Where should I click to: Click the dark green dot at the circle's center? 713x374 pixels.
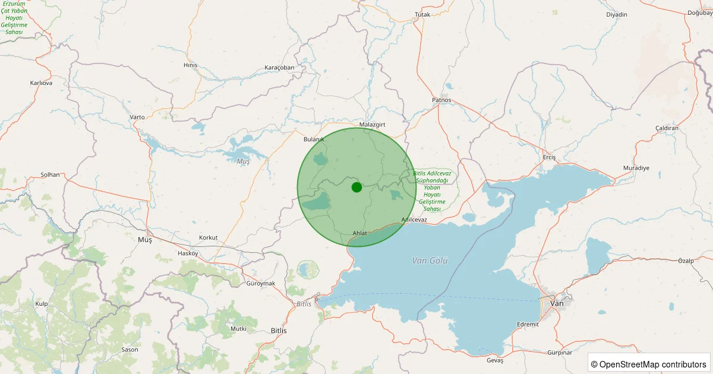coord(356,187)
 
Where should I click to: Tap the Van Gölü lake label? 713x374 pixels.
coord(430,261)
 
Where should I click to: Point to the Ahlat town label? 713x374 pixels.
coord(360,233)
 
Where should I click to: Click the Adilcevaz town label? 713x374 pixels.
coord(414,220)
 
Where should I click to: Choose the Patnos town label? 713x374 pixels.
coord(441,100)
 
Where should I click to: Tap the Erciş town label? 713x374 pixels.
coord(549,157)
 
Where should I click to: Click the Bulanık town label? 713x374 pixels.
coord(314,139)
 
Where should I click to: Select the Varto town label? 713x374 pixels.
coord(137,117)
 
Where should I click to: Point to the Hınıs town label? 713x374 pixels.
coord(191,65)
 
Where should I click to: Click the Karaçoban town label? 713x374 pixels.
coord(279,68)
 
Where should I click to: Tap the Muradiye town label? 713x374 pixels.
coord(636,168)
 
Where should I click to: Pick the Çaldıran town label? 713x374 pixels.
coord(667,128)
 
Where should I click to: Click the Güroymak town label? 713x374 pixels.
coord(261,283)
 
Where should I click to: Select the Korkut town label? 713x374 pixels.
coord(209,237)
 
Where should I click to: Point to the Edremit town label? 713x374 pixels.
coord(528,324)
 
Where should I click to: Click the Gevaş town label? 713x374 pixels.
coord(494,360)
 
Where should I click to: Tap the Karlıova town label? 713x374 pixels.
coord(41,83)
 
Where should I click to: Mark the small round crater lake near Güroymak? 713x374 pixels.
coord(308,271)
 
